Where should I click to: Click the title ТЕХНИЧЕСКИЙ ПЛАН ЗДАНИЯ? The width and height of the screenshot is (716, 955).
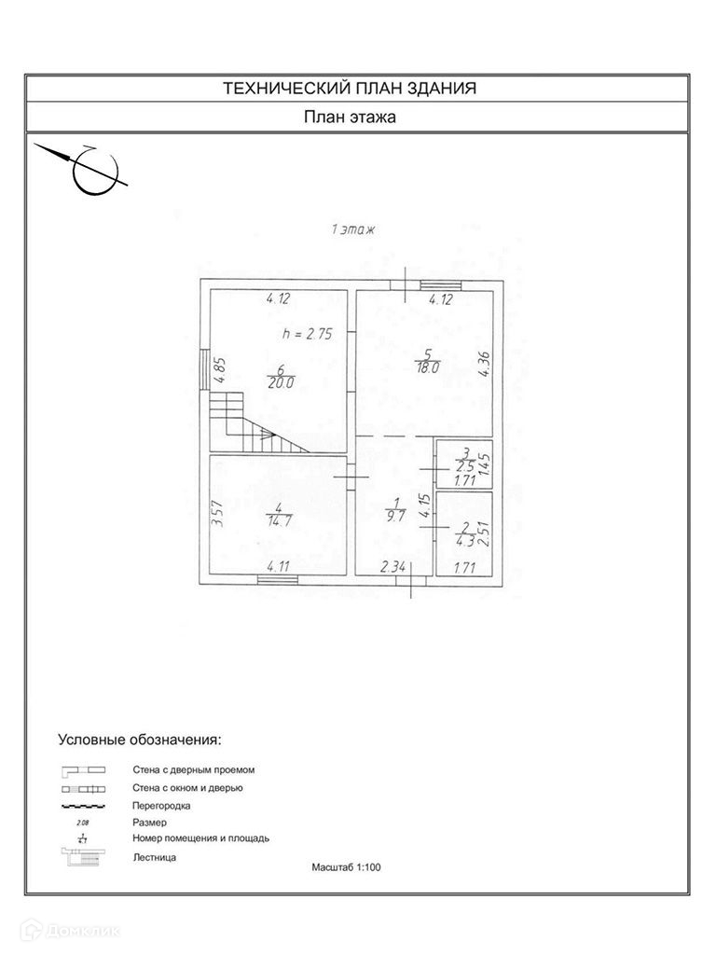tap(350, 89)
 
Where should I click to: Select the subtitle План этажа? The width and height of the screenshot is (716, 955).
tap(350, 118)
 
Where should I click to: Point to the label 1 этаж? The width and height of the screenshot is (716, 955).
tap(351, 230)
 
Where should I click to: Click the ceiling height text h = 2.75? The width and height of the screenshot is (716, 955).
tap(308, 333)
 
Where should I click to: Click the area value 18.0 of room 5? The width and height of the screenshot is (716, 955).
tap(426, 368)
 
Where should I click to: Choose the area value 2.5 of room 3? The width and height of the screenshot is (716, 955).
tap(463, 466)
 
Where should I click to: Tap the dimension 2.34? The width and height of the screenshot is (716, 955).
tap(392, 566)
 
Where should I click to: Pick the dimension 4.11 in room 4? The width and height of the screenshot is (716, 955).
tap(277, 566)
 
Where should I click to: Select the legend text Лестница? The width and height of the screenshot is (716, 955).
tap(154, 856)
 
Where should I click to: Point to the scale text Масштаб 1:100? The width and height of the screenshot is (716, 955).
tap(347, 866)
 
